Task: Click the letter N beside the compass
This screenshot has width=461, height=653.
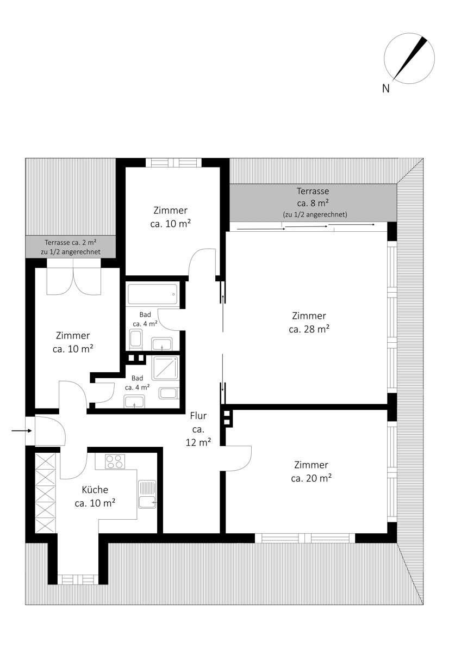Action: pyautogui.click(x=385, y=88)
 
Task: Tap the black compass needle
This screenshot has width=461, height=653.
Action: pyautogui.click(x=410, y=59)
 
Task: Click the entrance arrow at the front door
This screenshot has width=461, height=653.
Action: pyautogui.click(x=22, y=430)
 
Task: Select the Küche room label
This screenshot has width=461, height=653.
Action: pyautogui.click(x=95, y=489)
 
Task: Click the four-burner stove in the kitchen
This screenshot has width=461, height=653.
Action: pyautogui.click(x=115, y=461)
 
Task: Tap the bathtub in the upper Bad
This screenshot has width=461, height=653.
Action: pyautogui.click(x=153, y=294)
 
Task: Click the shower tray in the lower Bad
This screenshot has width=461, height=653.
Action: pyautogui.click(x=165, y=368)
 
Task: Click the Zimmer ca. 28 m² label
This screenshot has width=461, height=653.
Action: pyautogui.click(x=309, y=322)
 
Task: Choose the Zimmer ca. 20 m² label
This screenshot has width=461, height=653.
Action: pyautogui.click(x=311, y=471)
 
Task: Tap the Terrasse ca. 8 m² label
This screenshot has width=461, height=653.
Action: pyautogui.click(x=313, y=196)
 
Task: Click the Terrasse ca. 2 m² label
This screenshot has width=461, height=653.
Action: pyautogui.click(x=71, y=242)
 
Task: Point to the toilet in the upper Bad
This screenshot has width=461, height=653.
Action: pyautogui.click(x=136, y=340)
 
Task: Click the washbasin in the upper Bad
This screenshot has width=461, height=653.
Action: pyautogui.click(x=161, y=344)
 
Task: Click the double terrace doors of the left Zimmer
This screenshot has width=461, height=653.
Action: pyautogui.click(x=74, y=277)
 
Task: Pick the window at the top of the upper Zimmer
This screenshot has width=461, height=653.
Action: pyautogui.click(x=173, y=162)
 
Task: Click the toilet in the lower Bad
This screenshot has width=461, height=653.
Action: pyautogui.click(x=168, y=393)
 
